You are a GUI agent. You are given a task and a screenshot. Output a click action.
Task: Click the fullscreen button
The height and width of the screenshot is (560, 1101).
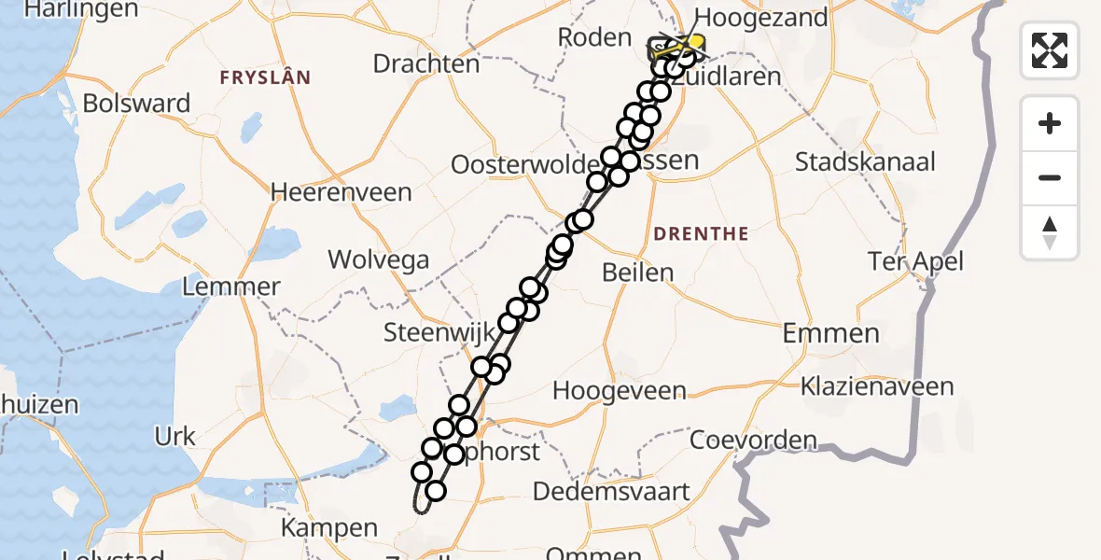1050,49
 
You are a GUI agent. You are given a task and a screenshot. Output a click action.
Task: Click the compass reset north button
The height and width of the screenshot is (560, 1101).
1050,232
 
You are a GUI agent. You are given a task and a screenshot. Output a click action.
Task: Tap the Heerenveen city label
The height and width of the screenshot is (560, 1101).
341,192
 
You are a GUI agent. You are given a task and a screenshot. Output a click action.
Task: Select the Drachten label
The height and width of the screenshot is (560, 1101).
425,63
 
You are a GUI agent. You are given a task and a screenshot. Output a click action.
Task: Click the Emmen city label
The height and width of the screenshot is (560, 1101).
830,333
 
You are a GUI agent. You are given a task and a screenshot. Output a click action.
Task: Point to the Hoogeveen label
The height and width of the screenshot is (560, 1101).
620,390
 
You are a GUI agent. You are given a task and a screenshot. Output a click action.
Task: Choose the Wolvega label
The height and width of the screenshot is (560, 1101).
377,259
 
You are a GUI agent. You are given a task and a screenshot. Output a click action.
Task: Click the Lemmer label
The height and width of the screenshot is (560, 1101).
231,286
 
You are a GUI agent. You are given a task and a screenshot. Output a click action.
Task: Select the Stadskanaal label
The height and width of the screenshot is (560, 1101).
865,161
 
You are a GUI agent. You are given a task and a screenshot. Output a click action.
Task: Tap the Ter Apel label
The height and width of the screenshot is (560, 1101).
915,260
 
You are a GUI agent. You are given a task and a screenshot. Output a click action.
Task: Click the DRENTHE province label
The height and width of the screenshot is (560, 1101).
702,233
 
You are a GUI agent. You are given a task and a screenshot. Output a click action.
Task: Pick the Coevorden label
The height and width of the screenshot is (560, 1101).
753,440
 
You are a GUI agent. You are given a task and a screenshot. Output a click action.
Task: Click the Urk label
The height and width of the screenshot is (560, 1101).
174,436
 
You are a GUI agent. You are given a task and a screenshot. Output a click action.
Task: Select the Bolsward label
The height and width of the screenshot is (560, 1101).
136,103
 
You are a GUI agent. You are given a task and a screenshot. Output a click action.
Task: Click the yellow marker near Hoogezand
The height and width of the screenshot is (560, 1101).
694,44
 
